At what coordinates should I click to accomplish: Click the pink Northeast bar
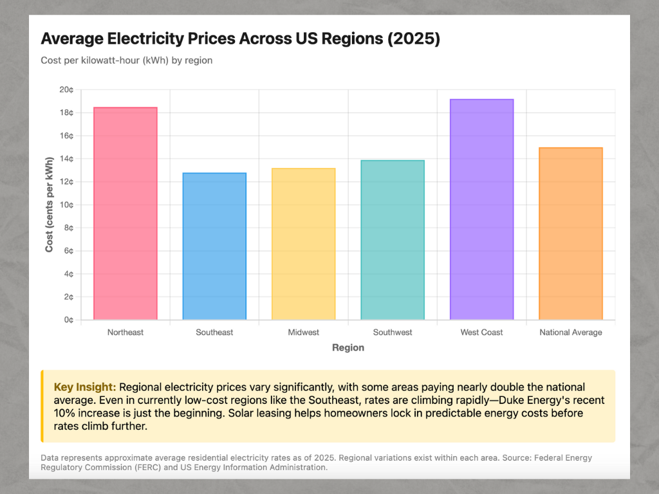click(x=125, y=214)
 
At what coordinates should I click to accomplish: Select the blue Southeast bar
click(x=214, y=246)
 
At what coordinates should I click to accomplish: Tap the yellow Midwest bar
click(x=304, y=244)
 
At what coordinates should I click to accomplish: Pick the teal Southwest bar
click(x=393, y=240)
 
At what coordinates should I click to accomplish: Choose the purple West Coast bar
click(x=482, y=210)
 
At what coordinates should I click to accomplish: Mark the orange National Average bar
click(x=571, y=233)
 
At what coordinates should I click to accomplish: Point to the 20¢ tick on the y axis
click(x=66, y=89)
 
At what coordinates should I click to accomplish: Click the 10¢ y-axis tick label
click(x=66, y=205)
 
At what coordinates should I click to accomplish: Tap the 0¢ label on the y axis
click(x=69, y=320)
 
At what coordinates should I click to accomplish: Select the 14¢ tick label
click(x=66, y=159)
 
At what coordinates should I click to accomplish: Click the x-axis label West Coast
click(x=482, y=333)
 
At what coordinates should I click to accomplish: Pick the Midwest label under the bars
click(x=304, y=333)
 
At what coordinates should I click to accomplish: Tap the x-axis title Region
click(x=348, y=348)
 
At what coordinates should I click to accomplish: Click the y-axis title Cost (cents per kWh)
click(x=50, y=205)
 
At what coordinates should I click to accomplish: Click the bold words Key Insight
click(x=85, y=387)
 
